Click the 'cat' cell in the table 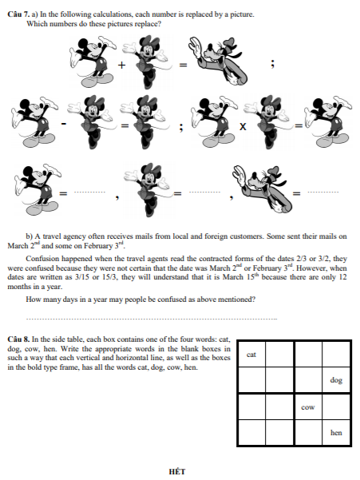[251, 354]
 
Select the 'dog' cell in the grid [336, 380]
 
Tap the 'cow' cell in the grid [308, 407]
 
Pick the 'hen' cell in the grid [336, 433]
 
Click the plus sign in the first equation [122, 65]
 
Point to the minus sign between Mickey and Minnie [64, 124]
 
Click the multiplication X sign [243, 126]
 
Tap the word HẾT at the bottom [177, 471]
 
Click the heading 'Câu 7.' [18, 14]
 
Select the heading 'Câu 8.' [18, 339]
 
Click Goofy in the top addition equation [218, 61]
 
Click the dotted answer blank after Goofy [323, 192]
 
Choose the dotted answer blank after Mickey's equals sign [89, 192]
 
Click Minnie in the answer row [146, 190]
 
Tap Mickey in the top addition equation [93, 61]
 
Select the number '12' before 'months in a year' [342, 277]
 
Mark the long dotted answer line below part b [152, 319]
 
